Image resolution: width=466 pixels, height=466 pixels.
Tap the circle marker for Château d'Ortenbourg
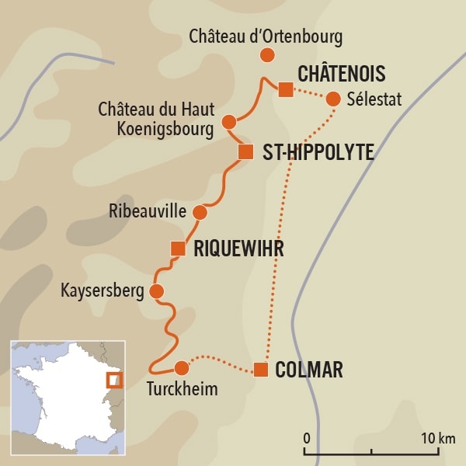click(x=267, y=55)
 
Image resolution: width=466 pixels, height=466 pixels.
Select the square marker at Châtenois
click(x=286, y=89)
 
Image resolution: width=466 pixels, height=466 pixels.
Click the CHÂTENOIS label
click(x=342, y=75)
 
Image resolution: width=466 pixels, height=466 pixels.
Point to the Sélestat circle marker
click(x=333, y=99)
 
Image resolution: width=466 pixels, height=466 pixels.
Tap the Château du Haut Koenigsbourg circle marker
click(x=228, y=121)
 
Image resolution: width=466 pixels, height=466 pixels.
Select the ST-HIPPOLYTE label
click(x=318, y=152)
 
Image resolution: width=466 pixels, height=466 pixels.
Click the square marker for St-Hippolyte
click(x=245, y=151)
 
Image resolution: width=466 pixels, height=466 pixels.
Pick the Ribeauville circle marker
click(x=200, y=212)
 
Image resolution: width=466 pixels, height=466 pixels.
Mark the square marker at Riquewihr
click(x=178, y=249)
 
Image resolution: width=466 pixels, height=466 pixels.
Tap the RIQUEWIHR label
click(x=238, y=249)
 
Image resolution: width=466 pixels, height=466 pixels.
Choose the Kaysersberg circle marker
click(x=156, y=291)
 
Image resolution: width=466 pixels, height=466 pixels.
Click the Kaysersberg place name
click(x=103, y=291)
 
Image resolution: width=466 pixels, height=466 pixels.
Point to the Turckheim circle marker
click(x=181, y=367)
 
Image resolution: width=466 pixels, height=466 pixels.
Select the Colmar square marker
click(x=261, y=370)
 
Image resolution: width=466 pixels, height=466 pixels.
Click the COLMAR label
click(x=309, y=370)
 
